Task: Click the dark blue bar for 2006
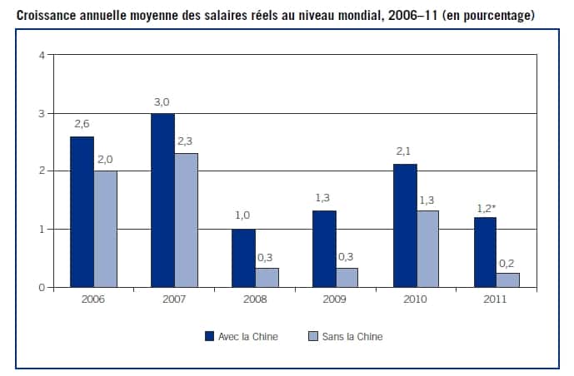click(x=82, y=212)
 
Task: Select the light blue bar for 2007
click(x=186, y=220)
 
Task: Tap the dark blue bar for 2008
click(x=243, y=258)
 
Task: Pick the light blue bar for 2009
click(x=347, y=278)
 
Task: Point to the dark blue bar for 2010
click(x=405, y=225)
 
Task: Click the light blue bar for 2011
click(x=508, y=280)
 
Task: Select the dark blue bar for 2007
click(x=162, y=200)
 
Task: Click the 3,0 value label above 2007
click(x=162, y=102)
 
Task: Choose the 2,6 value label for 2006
click(x=82, y=125)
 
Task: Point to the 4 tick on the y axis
click(x=41, y=56)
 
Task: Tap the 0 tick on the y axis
click(x=41, y=288)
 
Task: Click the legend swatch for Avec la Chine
click(x=209, y=337)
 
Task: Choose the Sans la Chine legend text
click(x=352, y=337)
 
